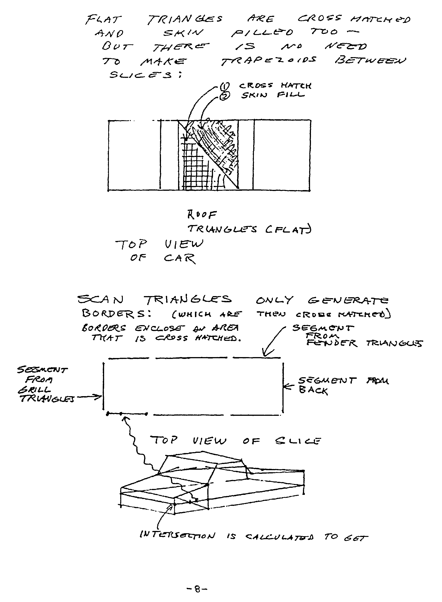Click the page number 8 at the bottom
coord(197,589)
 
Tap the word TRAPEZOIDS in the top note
coord(268,61)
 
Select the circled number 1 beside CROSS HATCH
coord(224,86)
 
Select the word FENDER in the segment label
coord(331,343)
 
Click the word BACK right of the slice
coord(313,390)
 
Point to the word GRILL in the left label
coord(34,390)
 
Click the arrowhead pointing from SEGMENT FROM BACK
coord(285,387)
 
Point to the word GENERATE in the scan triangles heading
coord(348,300)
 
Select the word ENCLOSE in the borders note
coord(160,329)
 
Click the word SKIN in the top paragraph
coord(183,33)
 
